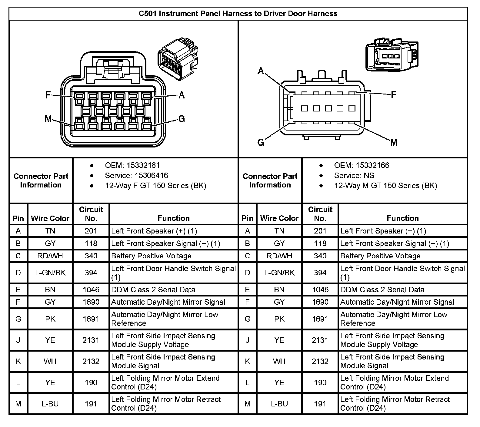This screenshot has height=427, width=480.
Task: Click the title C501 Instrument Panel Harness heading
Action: (238, 14)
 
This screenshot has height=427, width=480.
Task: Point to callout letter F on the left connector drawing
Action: (48, 95)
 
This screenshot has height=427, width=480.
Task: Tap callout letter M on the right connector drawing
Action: (394, 142)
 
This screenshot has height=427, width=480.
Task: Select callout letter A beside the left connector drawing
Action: (182, 95)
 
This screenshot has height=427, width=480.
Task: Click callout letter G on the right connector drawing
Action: (261, 142)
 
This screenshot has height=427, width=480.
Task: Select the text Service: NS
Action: (354, 175)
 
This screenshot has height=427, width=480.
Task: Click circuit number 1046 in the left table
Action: (91, 290)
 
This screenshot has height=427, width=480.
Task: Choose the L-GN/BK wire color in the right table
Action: (279, 273)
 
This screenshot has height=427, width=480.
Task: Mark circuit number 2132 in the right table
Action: (320, 361)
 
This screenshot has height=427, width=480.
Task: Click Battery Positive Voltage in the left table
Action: (151, 256)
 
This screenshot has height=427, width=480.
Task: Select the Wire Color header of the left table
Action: (50, 218)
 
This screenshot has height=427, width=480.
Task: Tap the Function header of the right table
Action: (402, 218)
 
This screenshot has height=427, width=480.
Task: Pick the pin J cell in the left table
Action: (18, 340)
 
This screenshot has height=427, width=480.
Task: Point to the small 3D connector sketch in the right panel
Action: (392, 55)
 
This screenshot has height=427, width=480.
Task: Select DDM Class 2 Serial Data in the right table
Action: (382, 290)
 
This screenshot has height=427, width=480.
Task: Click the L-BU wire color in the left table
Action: (50, 404)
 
